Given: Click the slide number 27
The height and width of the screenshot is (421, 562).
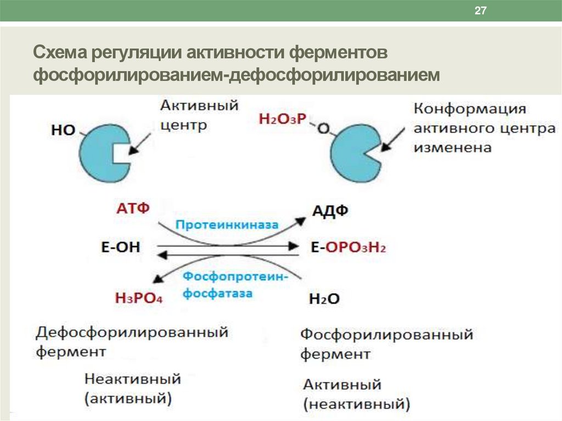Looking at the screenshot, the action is point(481,12).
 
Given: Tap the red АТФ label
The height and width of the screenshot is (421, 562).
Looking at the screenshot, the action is point(133,209).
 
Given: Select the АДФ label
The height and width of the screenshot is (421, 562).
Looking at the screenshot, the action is point(330,211).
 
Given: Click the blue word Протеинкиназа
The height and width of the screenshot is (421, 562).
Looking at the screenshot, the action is point(227,225).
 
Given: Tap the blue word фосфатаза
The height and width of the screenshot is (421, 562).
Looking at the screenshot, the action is point(217,293).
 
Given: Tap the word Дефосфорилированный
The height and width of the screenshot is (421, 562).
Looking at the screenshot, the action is point(132,332).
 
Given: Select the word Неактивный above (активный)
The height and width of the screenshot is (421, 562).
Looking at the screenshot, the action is point(132,379).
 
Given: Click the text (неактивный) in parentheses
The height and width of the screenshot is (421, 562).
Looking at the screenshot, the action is point(356,405).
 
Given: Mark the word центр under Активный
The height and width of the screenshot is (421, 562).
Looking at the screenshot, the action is point(184,125).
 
